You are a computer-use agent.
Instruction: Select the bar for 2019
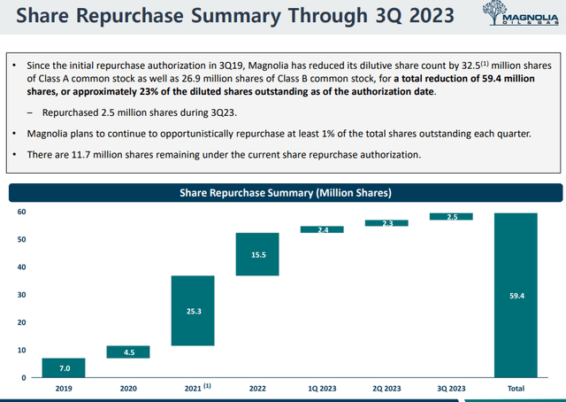tap(64, 367)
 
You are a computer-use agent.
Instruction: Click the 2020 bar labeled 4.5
tap(128, 352)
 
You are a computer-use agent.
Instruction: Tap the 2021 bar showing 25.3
tap(193, 311)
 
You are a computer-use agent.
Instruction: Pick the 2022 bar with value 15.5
tap(257, 254)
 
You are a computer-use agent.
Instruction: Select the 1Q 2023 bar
tap(322, 229)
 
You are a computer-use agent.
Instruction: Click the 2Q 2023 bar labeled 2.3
tap(386, 223)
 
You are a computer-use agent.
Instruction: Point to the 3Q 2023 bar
tap(451, 216)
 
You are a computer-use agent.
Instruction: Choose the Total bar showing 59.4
tap(516, 295)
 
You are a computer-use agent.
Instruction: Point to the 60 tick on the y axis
tap(22, 213)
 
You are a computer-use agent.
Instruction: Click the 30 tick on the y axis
tap(22, 295)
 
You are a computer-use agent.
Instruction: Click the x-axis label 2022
tap(257, 388)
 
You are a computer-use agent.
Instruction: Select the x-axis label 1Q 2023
tap(322, 388)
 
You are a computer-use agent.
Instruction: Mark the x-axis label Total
tap(516, 388)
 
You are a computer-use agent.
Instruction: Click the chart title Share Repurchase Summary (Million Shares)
tap(286, 191)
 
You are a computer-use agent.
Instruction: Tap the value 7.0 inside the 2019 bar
tap(64, 367)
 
